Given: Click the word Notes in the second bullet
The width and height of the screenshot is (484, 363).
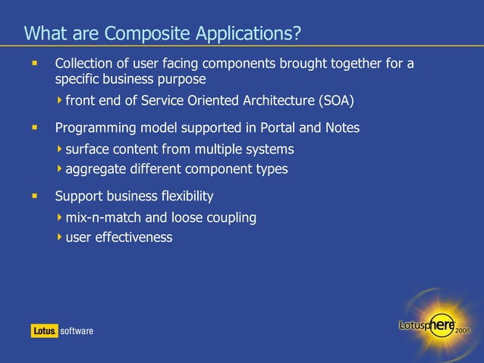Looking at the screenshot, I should (342, 128).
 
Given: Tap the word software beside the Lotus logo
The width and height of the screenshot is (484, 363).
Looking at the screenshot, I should (77, 330).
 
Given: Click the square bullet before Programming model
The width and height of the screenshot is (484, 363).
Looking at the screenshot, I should (33, 128).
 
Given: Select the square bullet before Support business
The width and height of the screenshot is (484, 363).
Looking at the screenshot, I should (33, 196).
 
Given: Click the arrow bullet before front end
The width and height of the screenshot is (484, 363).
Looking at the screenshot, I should (60, 100).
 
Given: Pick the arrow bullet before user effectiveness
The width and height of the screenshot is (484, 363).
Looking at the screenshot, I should (60, 238).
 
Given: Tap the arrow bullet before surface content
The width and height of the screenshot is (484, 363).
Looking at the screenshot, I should (60, 149).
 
